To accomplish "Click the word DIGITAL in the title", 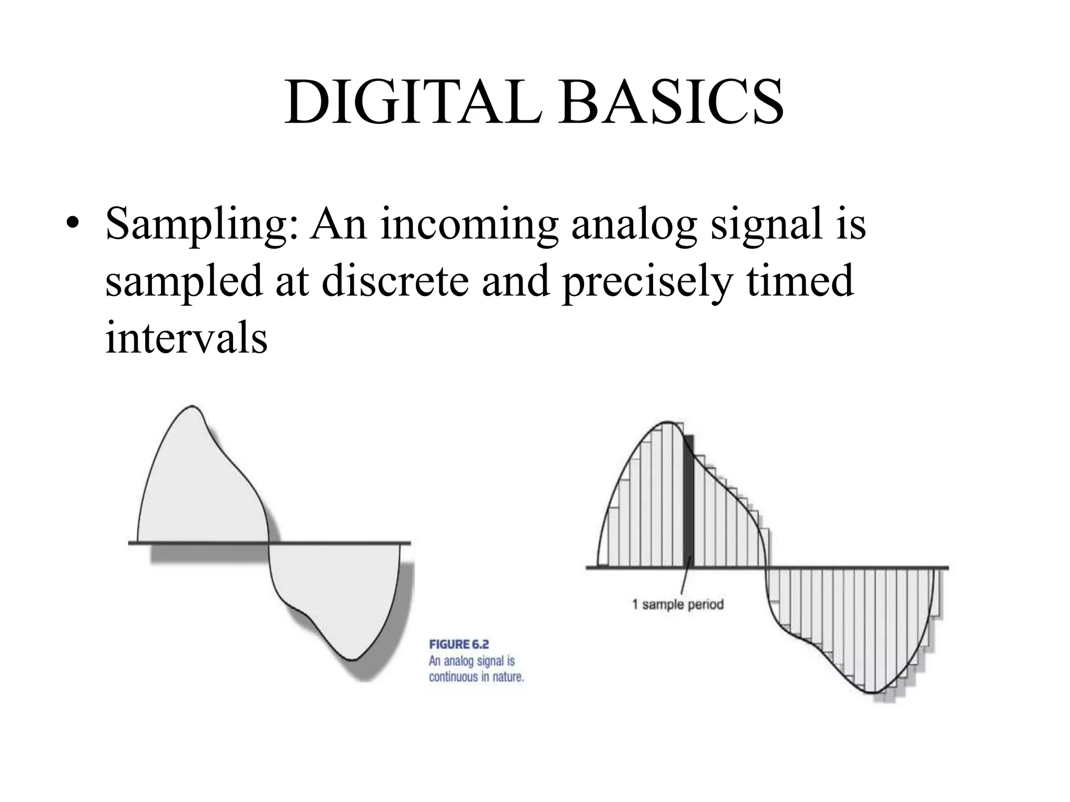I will point(413,102).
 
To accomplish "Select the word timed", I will point(799,281).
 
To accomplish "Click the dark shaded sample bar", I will point(689,501).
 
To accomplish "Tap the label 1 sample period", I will point(678,605).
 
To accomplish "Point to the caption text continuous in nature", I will point(476,677).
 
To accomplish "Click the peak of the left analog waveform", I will point(192,406).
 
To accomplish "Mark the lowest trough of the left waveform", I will point(353,660).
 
